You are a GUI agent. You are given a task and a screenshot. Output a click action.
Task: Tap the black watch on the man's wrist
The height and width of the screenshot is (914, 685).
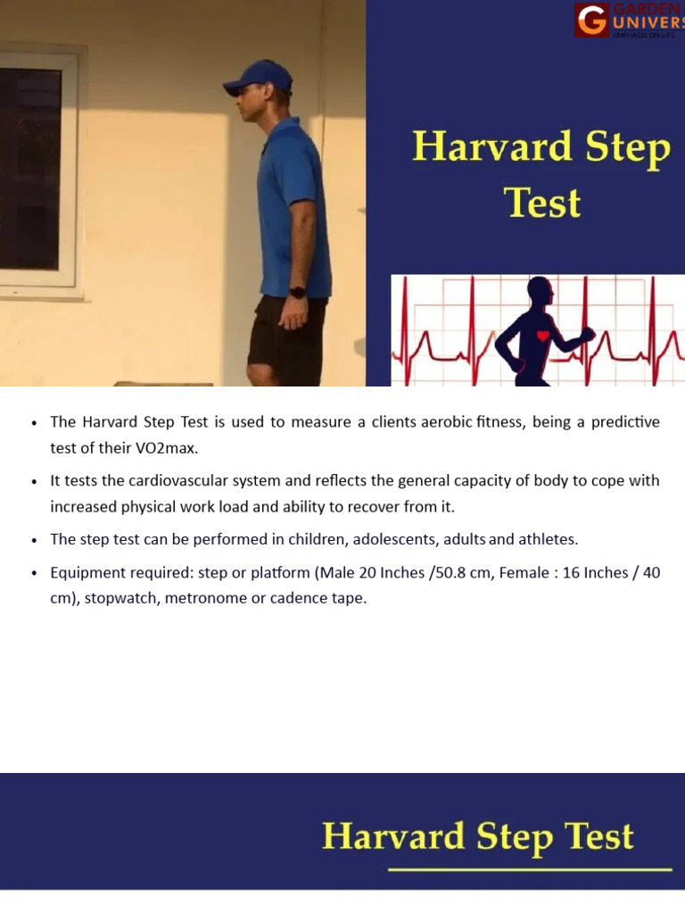pos(297,292)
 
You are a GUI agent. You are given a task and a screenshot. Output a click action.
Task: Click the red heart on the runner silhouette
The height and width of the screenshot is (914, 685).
pos(542,337)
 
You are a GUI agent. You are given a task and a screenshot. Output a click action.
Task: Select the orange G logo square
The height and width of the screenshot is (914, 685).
pos(591,20)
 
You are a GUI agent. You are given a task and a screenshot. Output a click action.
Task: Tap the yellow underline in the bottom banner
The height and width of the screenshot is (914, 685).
pos(530,868)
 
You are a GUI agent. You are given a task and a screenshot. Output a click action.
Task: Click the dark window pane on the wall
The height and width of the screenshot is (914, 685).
pos(29,170)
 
